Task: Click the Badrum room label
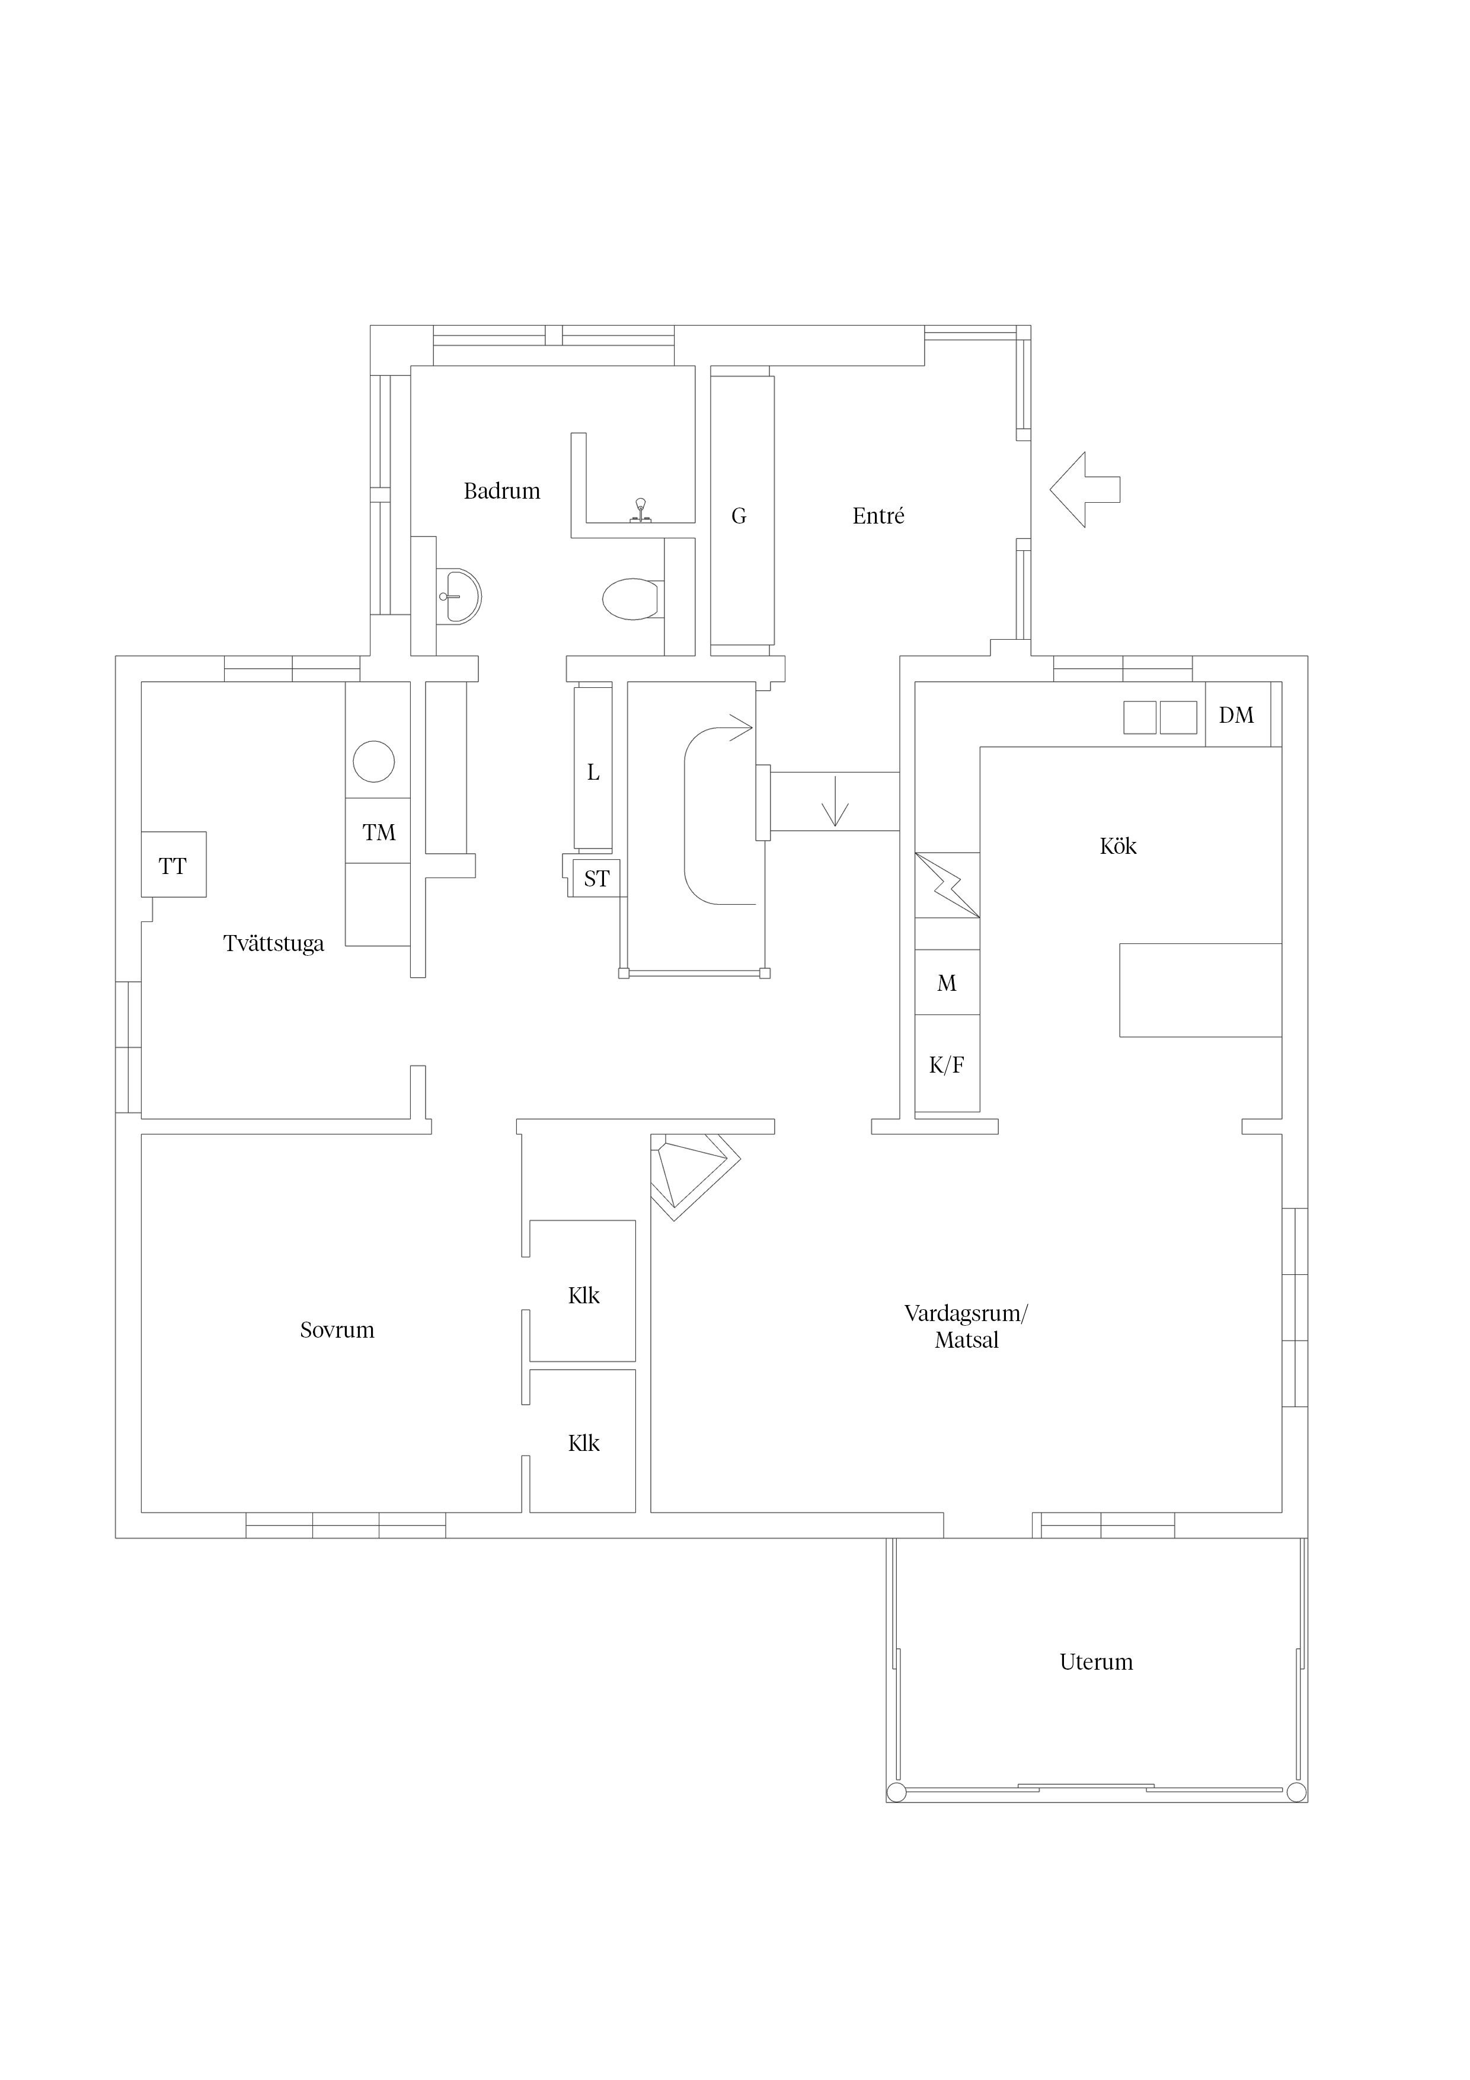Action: click(x=502, y=491)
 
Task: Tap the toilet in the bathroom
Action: click(x=631, y=599)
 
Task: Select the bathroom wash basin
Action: click(x=458, y=596)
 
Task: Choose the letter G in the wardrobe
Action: click(x=739, y=516)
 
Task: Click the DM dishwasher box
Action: click(x=1237, y=714)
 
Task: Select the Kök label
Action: click(x=1118, y=846)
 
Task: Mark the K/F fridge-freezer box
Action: click(x=947, y=1064)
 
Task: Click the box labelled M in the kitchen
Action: click(x=947, y=982)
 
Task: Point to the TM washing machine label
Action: click(x=379, y=832)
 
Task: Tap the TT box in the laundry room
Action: click(x=173, y=864)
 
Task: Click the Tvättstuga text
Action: click(x=273, y=944)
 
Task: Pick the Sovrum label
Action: click(x=337, y=1330)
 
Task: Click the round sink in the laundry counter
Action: click(x=374, y=761)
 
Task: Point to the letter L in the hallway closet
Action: click(x=593, y=773)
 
